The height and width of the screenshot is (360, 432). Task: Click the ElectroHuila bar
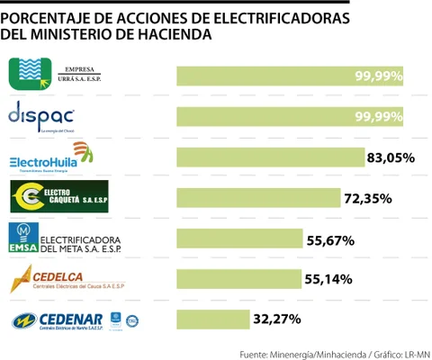click(270, 157)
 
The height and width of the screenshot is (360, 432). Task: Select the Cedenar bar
click(213, 319)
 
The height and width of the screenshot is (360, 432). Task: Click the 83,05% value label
click(391, 157)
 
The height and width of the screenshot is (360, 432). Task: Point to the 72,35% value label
click(367, 198)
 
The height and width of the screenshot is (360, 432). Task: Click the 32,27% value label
click(276, 319)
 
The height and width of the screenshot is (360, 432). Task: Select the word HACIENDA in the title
click(174, 35)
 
